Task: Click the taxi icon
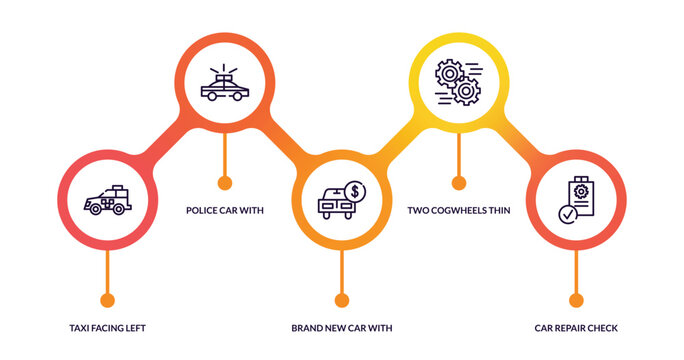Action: point(107,200)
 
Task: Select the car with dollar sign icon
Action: point(341,200)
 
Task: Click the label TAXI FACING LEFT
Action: point(107,328)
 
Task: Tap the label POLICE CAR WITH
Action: point(224,211)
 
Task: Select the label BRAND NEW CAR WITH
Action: point(341,328)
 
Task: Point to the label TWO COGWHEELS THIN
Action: point(459,211)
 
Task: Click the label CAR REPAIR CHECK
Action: point(576,328)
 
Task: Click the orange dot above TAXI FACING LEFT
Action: point(107,300)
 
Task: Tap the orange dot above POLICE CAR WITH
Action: point(224,183)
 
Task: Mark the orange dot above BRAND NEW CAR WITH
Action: point(341,300)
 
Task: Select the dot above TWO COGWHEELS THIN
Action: point(458,183)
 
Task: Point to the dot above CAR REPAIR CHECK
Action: point(575,300)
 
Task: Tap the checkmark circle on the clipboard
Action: point(567,213)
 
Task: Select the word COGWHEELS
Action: point(459,211)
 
